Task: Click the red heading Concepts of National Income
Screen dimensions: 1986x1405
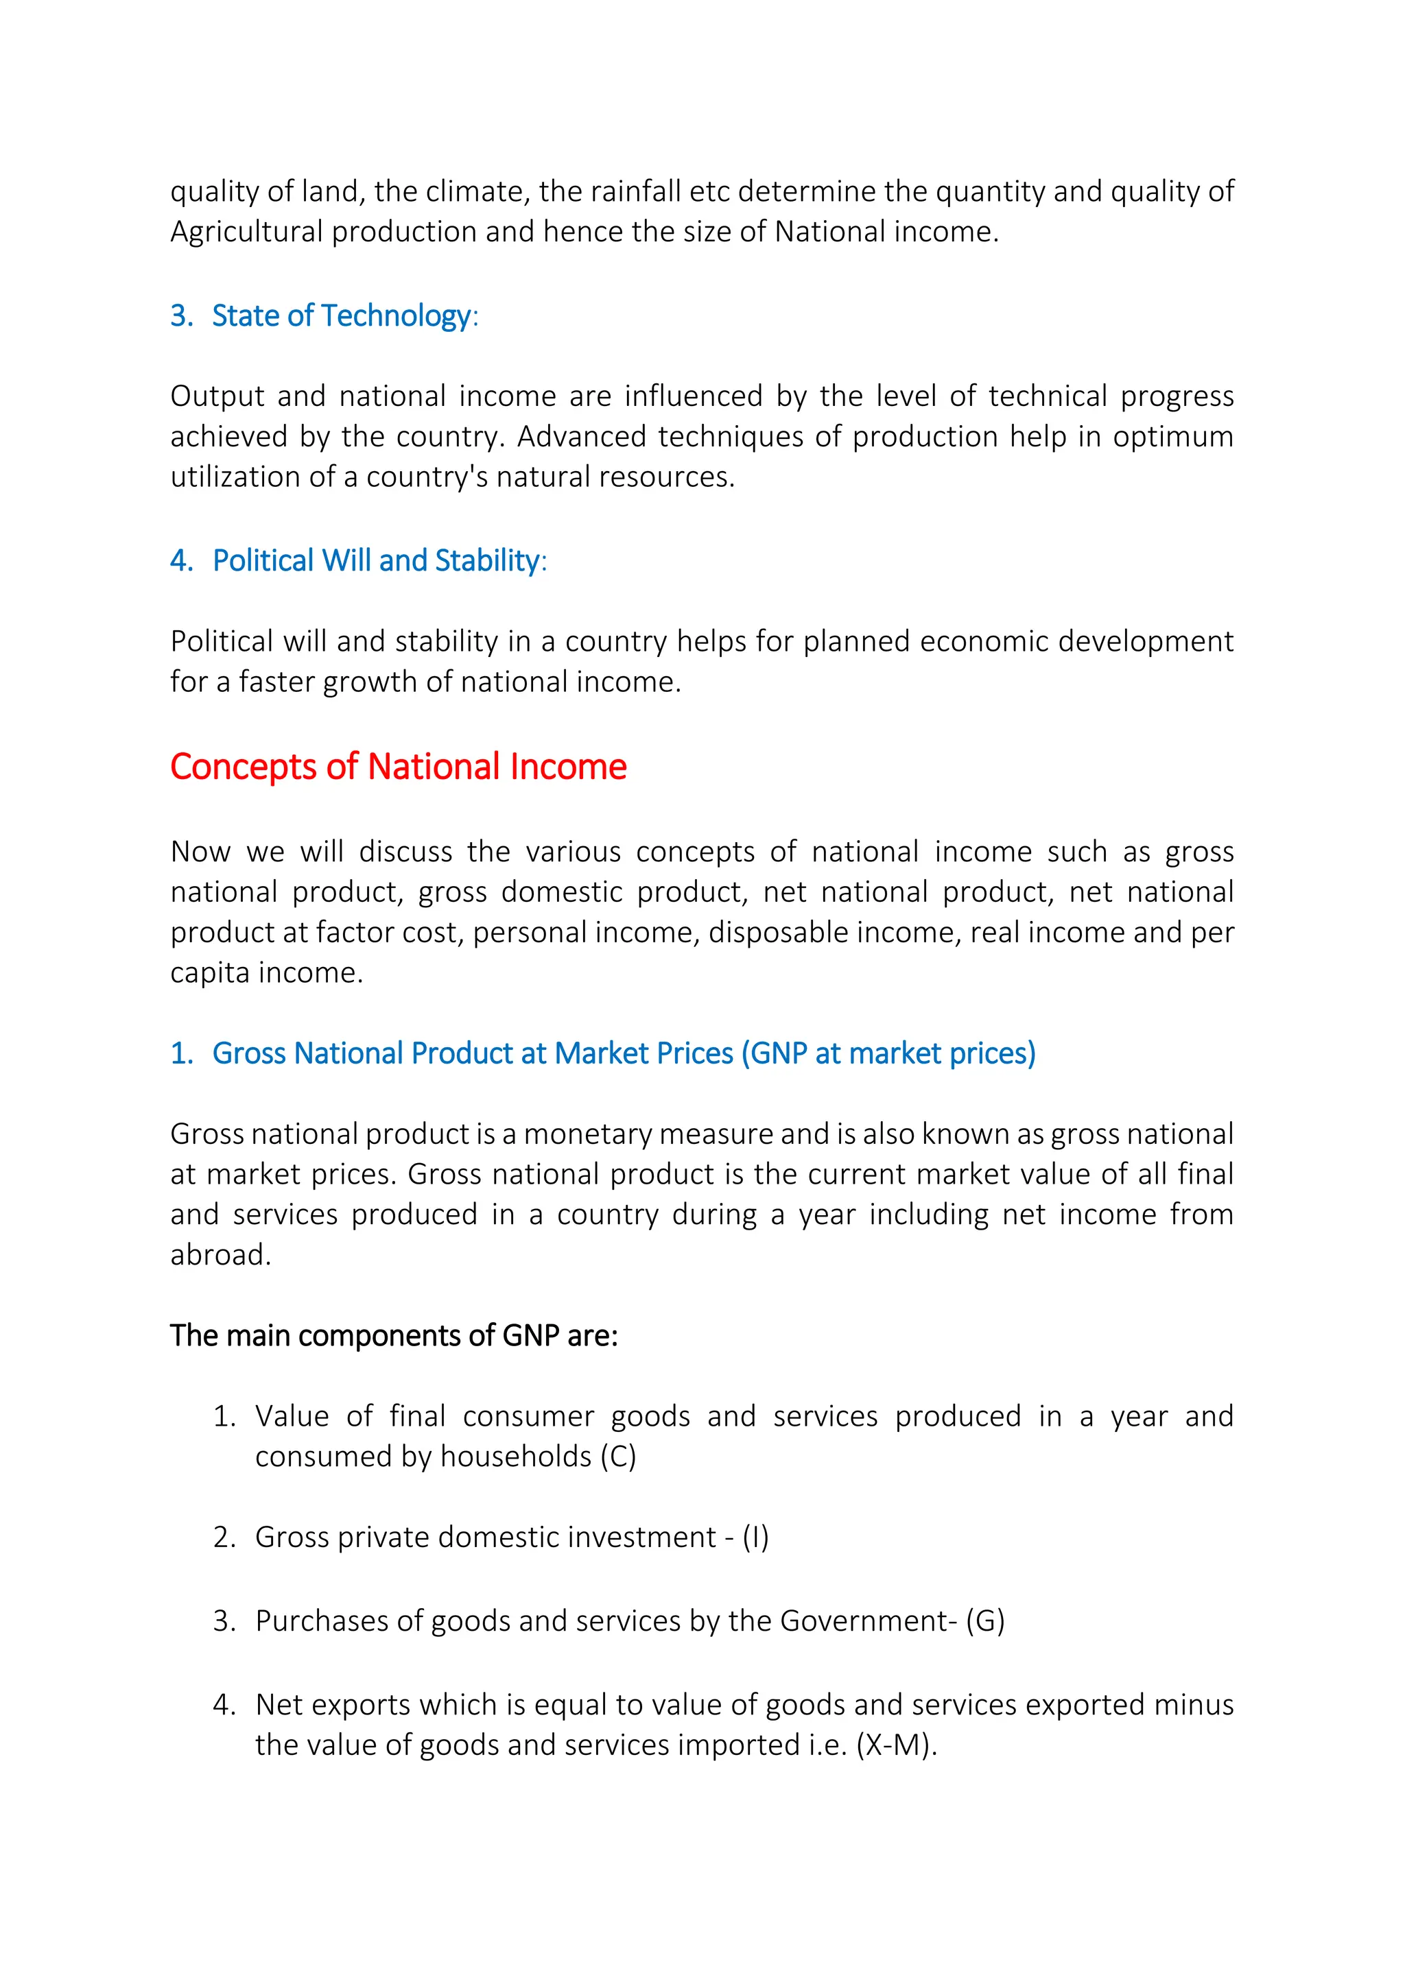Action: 398,767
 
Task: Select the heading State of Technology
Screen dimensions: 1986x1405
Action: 341,315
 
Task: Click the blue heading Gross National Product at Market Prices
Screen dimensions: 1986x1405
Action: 623,1053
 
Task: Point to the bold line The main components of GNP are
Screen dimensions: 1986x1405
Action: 394,1335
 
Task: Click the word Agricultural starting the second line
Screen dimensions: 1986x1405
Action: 246,232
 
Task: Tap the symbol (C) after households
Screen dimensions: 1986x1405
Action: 617,1457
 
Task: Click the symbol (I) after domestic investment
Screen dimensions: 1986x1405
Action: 755,1537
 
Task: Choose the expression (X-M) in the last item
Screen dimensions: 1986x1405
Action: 895,1745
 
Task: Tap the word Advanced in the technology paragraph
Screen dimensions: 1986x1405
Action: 580,437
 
